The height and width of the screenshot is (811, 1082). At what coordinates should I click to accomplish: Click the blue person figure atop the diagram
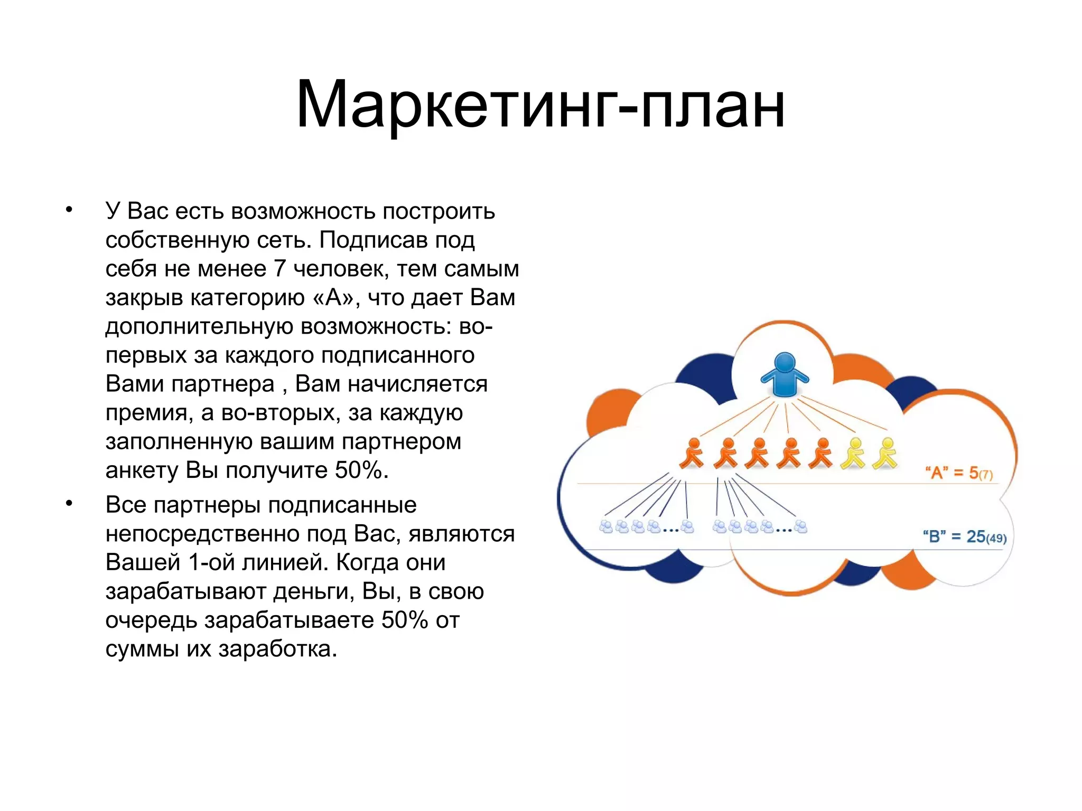point(785,374)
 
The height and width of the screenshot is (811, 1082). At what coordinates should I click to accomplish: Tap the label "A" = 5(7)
point(958,473)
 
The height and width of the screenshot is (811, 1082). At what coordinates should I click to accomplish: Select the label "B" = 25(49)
point(964,536)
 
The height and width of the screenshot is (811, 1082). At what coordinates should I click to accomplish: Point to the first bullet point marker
point(69,210)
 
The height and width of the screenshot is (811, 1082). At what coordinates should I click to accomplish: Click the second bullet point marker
point(69,504)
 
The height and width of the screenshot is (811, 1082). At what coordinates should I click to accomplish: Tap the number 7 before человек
point(279,269)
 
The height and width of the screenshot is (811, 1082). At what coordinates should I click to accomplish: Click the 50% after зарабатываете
point(405,620)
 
